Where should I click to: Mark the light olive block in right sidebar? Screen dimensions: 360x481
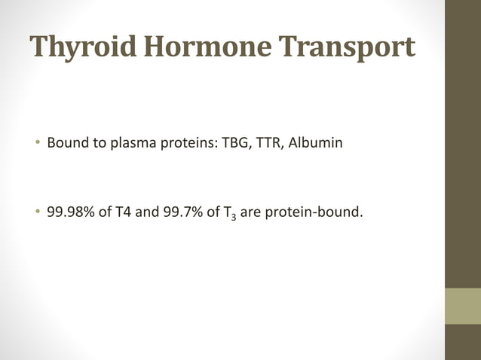coord(463,306)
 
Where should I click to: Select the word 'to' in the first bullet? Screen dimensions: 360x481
coord(97,142)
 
